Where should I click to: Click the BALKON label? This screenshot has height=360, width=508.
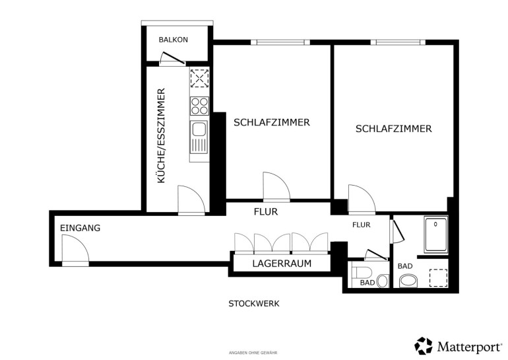click(173, 40)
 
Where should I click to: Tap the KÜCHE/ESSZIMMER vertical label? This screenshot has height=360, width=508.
click(161, 135)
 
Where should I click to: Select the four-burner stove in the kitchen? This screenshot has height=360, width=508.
click(199, 106)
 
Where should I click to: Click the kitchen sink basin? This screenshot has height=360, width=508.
click(199, 129)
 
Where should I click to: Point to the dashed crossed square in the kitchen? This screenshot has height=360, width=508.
click(199, 78)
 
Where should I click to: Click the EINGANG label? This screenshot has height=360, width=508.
click(80, 228)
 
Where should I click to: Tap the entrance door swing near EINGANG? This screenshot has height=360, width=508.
click(75, 248)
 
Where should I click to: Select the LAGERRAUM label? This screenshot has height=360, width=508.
click(282, 264)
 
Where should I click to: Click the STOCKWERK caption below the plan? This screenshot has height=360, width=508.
click(254, 304)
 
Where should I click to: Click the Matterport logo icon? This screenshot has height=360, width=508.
click(424, 345)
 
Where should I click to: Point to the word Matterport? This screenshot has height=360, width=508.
click(469, 347)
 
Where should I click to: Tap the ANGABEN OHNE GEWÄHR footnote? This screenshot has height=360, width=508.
click(253, 353)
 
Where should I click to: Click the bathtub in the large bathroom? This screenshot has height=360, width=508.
click(435, 234)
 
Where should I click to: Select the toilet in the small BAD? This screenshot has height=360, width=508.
click(362, 272)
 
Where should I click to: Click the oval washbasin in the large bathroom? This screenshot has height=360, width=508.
click(408, 281)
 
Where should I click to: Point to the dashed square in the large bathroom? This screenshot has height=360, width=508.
click(438, 278)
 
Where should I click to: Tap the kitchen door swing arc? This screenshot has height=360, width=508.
click(191, 199)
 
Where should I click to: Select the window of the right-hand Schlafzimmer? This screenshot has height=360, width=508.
click(398, 42)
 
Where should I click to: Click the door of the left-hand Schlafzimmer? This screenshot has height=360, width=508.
click(276, 186)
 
